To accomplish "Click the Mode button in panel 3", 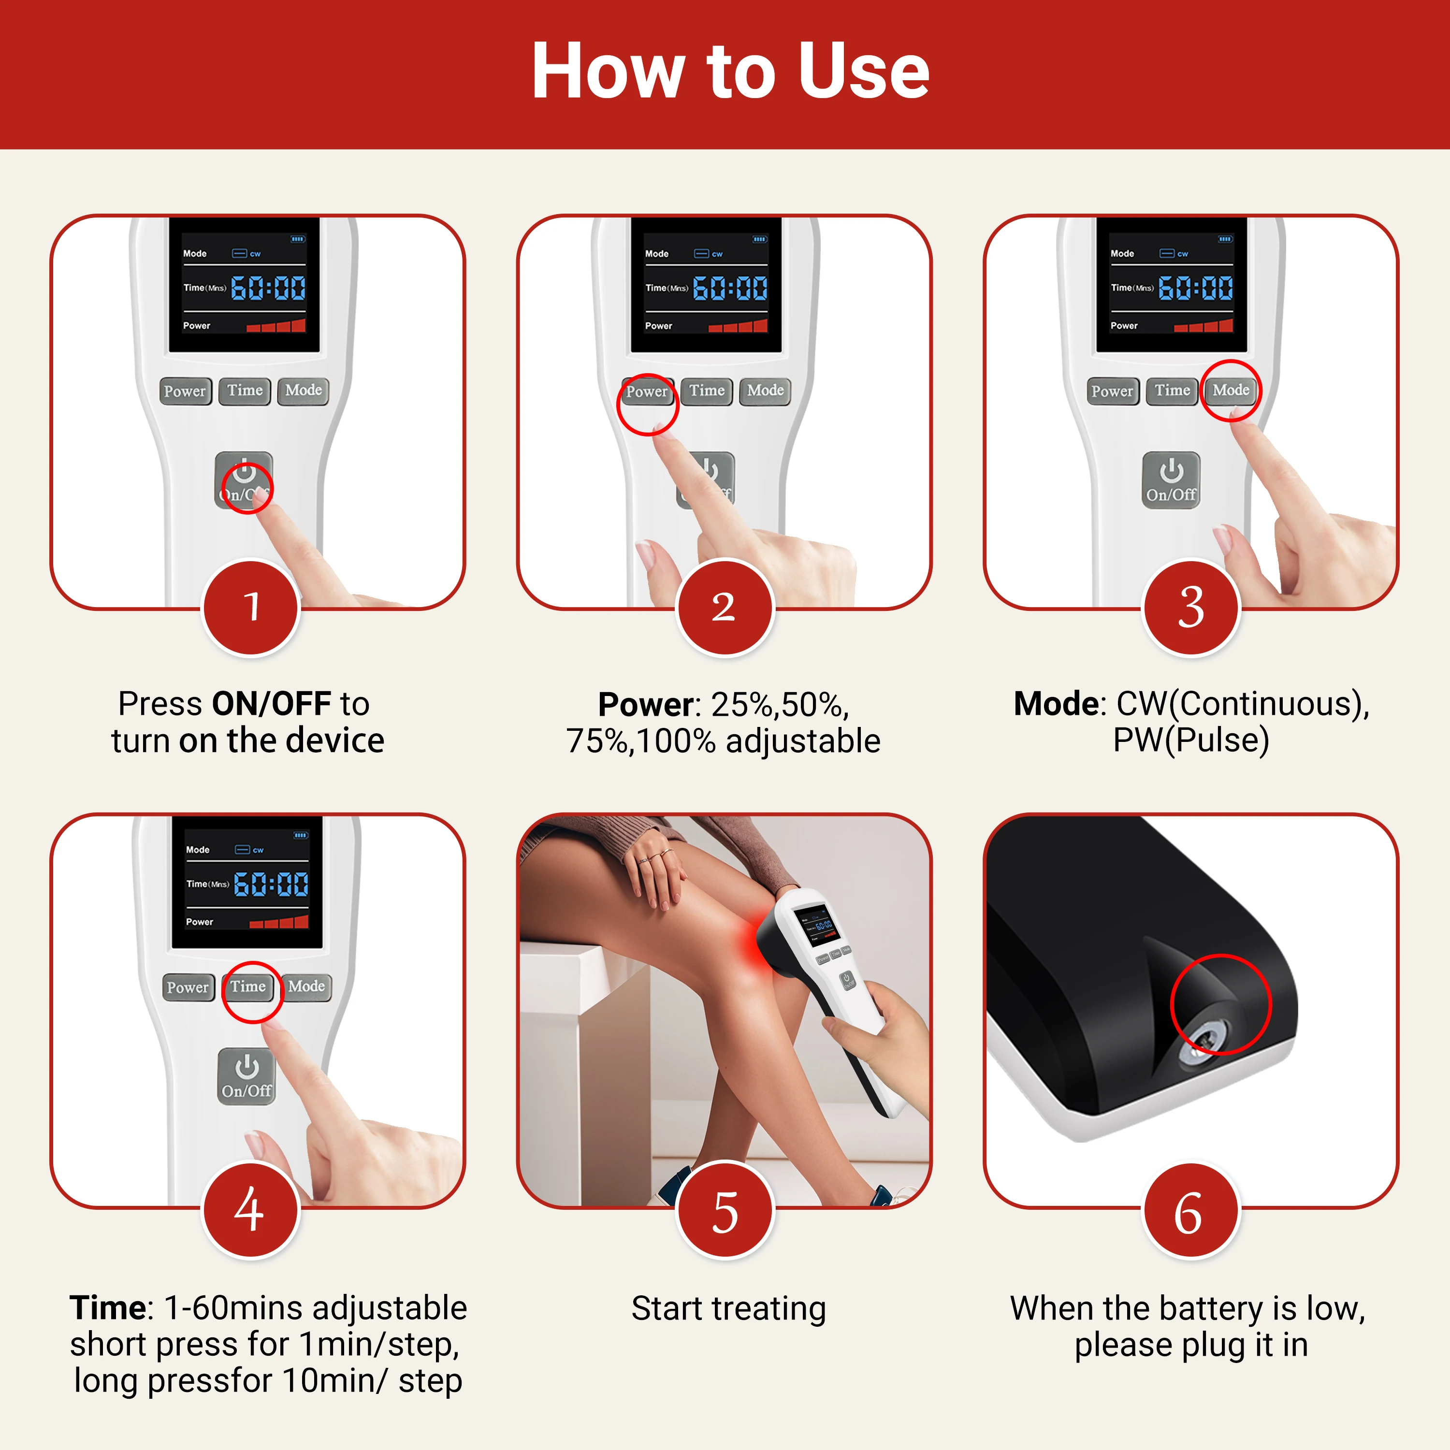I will click(x=1231, y=390).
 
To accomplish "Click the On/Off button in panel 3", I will click(x=1171, y=480).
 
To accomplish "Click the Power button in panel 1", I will click(x=185, y=391).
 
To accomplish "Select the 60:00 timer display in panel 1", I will click(x=268, y=288).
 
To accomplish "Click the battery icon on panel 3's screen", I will click(x=1225, y=239).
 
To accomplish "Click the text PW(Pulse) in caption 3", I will click(x=1191, y=740).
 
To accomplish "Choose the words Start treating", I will click(x=728, y=1308).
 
